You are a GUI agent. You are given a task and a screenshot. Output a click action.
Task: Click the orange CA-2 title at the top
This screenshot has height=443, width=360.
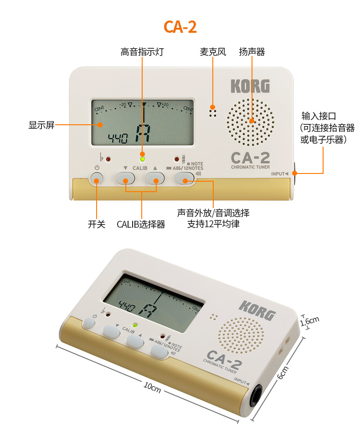click(180, 27)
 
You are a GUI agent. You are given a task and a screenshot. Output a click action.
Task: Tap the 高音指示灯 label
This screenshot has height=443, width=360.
click(142, 52)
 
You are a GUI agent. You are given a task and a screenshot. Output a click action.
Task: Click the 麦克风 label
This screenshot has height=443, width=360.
click(213, 52)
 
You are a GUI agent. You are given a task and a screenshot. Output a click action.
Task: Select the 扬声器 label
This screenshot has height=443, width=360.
click(252, 52)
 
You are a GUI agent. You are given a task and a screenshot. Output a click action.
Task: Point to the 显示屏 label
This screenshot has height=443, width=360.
click(41, 125)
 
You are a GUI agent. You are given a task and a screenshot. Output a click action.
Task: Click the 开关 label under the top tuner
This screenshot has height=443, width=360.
click(97, 224)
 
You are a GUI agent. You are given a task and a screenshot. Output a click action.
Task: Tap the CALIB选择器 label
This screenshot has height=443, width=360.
click(141, 224)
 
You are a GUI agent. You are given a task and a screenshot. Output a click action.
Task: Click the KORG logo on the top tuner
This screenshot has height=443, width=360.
click(250, 87)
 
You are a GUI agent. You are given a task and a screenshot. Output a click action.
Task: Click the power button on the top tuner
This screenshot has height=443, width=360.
click(97, 179)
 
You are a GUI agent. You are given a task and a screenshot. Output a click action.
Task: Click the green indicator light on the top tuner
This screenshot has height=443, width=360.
click(143, 159)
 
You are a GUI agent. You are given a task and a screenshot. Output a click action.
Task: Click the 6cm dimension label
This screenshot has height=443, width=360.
click(283, 373)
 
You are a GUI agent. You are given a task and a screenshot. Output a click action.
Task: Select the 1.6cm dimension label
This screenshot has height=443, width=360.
click(310, 321)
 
